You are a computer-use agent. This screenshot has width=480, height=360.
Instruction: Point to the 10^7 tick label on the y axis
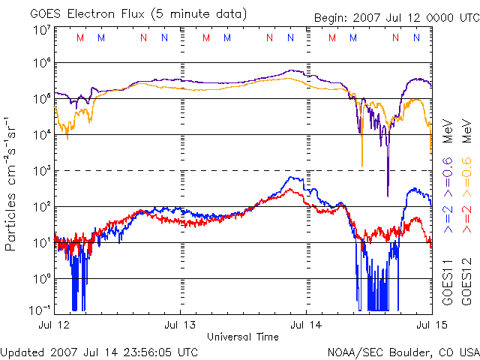pyautogui.click(x=41, y=30)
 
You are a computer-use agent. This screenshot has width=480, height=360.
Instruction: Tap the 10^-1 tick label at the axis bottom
pyautogui.click(x=40, y=309)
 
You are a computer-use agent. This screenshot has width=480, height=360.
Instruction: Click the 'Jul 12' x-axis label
pyautogui.click(x=55, y=325)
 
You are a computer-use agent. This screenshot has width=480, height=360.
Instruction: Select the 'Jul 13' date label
pyautogui.click(x=180, y=325)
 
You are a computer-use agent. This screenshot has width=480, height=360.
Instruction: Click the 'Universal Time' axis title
pyautogui.click(x=242, y=337)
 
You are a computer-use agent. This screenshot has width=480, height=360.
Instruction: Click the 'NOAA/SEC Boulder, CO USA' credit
pyautogui.click(x=403, y=351)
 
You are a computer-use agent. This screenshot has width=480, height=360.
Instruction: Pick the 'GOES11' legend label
pyautogui.click(x=448, y=279)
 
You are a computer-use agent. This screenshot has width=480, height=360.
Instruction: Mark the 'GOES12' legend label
pyautogui.click(x=466, y=279)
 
